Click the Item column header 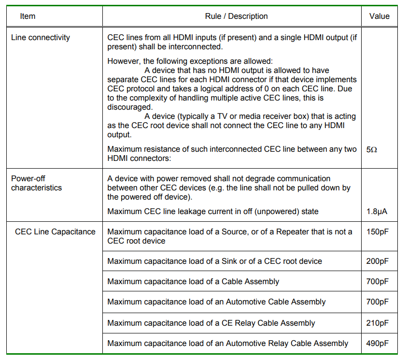pyautogui.click(x=28, y=16)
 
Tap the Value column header pyautogui.click(x=379, y=16)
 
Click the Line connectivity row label pyautogui.click(x=40, y=37)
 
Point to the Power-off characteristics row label pyautogui.click(x=37, y=183)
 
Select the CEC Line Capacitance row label pyautogui.click(x=55, y=231)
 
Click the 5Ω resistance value pyautogui.click(x=372, y=150)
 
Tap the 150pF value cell pyautogui.click(x=377, y=231)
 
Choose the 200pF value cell pyautogui.click(x=377, y=261)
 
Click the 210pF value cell pyautogui.click(x=377, y=323)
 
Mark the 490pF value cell pyautogui.click(x=377, y=343)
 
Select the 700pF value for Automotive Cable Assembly pyautogui.click(x=377, y=302)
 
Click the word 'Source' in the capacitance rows pyautogui.click(x=234, y=231)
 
